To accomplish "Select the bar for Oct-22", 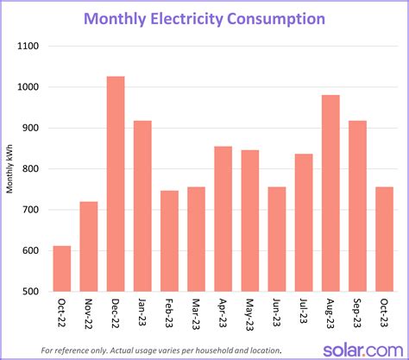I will coord(62,268).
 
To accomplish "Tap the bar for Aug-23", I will coord(330,193).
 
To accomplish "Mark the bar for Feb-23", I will coord(169,241).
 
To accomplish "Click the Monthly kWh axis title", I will coord(10,168).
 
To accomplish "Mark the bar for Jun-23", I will coord(276,241).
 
